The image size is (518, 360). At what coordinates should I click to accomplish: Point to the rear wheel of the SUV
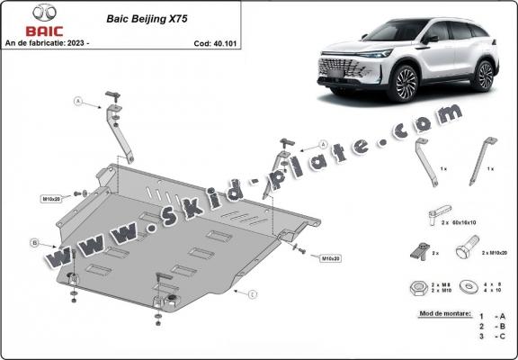485,76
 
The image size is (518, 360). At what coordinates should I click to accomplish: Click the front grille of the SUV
343,69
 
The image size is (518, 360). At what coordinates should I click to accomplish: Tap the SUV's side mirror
433,39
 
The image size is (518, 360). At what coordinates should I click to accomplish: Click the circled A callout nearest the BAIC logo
78,102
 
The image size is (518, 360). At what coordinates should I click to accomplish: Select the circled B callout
33,242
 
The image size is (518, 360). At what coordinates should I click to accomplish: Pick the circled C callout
253,293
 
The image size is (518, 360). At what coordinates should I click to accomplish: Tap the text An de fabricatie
32,42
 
